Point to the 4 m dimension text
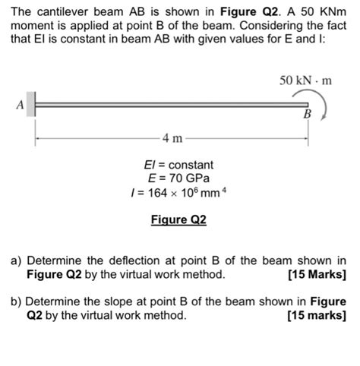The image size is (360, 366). (x=172, y=140)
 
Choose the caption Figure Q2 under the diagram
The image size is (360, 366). (x=178, y=220)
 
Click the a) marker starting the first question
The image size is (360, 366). (x=16, y=260)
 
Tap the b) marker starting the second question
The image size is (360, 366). (x=16, y=301)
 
